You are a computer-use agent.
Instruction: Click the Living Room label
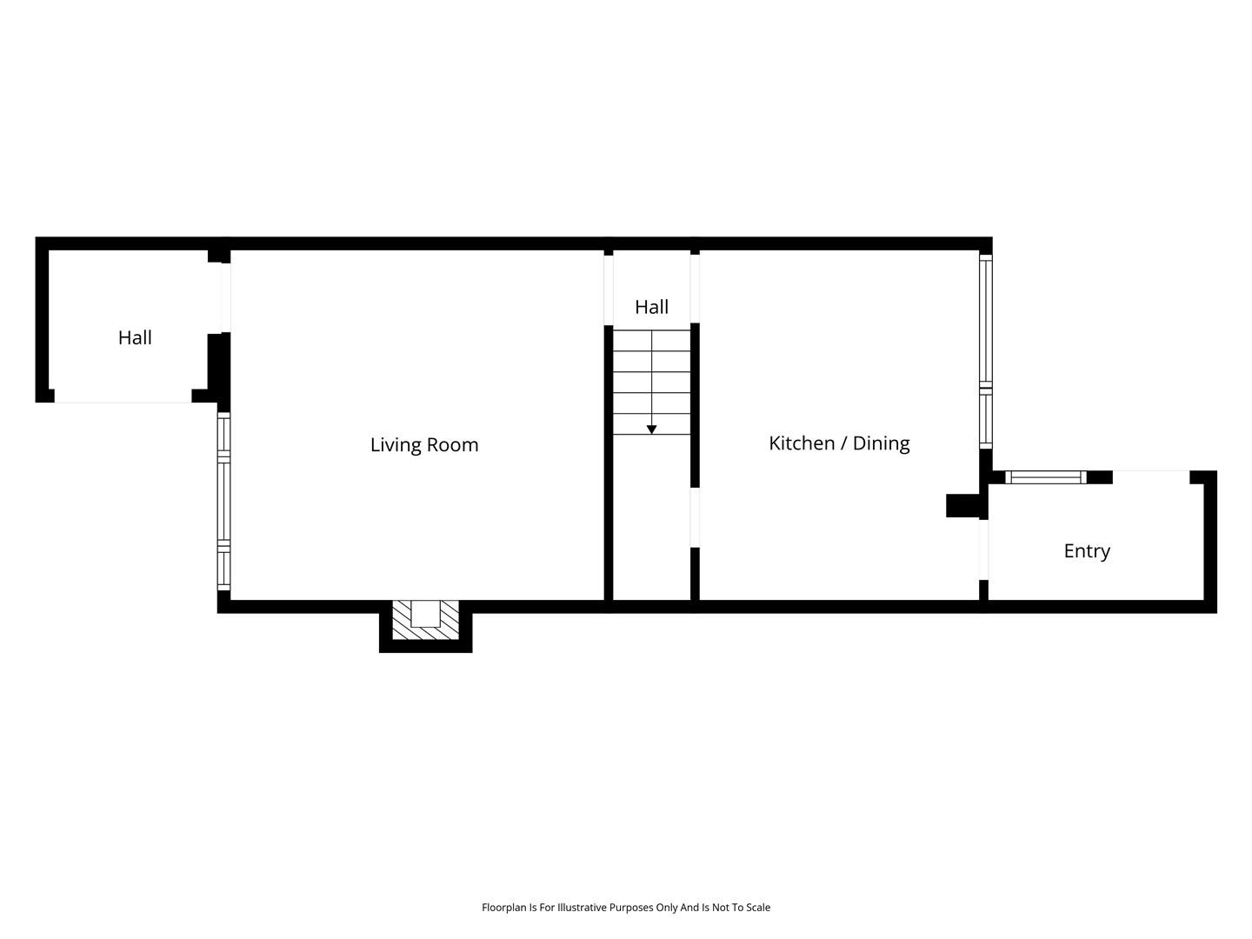(423, 444)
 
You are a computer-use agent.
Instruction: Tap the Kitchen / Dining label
(838, 443)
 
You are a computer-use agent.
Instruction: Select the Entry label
(1086, 551)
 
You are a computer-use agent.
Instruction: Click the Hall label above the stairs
(651, 307)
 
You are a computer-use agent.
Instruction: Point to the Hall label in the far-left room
(135, 338)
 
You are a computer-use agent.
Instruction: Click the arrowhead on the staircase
(651, 430)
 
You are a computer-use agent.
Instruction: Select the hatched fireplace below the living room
(425, 619)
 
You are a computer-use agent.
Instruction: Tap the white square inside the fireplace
(425, 614)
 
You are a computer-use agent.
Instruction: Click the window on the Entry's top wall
(1045, 477)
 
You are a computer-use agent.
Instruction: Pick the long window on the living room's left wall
(223, 501)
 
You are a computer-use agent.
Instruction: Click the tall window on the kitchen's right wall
(985, 351)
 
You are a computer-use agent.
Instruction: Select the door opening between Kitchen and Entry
(983, 549)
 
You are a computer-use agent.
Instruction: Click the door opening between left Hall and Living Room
(226, 297)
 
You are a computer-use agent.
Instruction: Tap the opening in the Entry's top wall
(1150, 477)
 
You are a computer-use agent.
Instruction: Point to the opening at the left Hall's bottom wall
(123, 396)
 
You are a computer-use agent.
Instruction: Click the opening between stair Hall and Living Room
(608, 290)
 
